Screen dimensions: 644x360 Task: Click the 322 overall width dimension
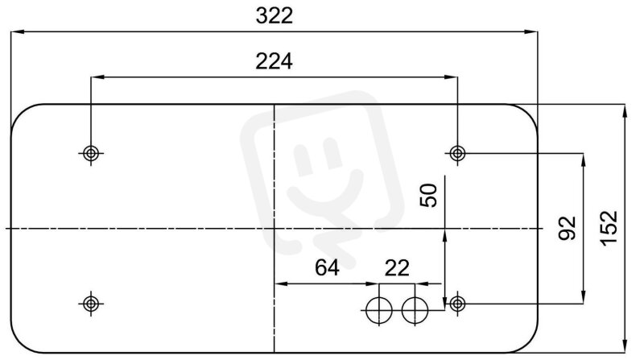(274, 16)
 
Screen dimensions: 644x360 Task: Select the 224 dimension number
(274, 62)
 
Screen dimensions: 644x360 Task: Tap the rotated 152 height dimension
(609, 228)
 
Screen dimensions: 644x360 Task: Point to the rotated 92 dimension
(568, 228)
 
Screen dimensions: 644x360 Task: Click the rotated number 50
(428, 195)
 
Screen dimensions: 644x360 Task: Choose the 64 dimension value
(327, 268)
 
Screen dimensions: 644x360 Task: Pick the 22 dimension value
(397, 268)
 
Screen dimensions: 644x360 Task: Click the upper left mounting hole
(91, 154)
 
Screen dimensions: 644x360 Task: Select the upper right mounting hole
(457, 154)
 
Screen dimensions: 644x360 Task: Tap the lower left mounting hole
(91, 304)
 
